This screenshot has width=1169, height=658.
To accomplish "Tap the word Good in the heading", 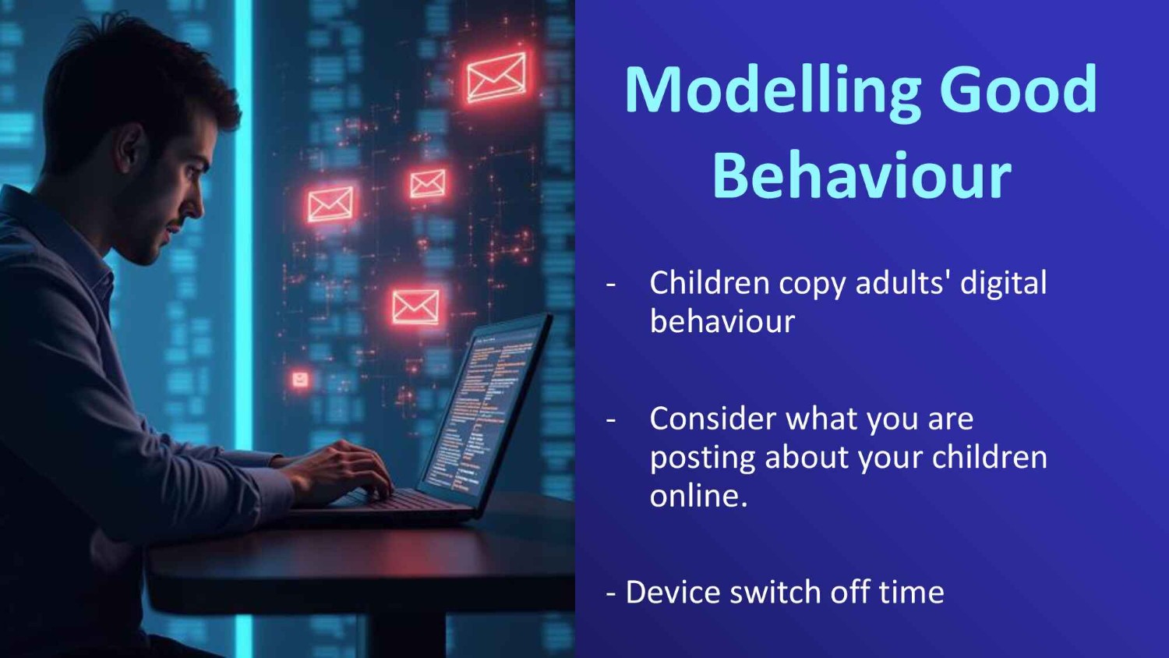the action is [x=1018, y=89].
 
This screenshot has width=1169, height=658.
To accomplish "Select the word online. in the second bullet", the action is [x=699, y=494].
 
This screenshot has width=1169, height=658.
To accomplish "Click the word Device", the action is [x=673, y=593].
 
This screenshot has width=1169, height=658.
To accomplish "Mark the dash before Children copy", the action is [x=610, y=285].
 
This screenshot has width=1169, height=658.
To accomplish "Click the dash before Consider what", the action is [x=610, y=421].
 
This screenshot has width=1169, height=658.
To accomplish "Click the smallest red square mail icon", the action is [x=299, y=380].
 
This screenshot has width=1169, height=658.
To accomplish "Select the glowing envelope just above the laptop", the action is [x=415, y=307].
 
